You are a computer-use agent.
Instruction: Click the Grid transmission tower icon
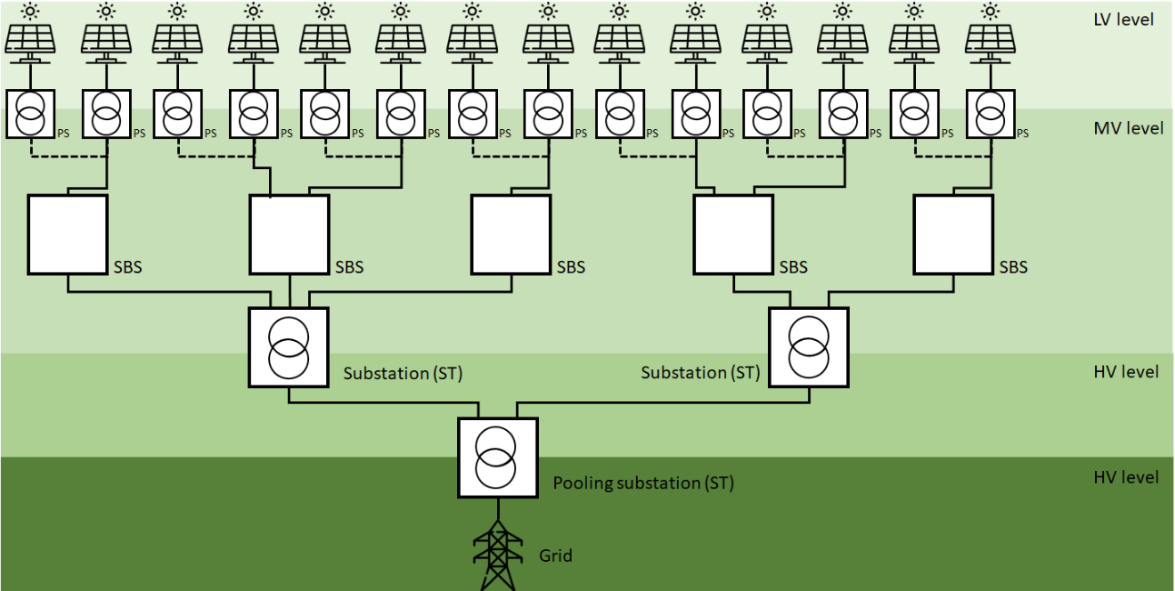click(x=497, y=556)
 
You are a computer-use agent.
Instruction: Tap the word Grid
click(x=555, y=556)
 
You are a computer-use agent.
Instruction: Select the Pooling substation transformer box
click(x=497, y=457)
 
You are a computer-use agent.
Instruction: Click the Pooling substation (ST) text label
click(x=642, y=483)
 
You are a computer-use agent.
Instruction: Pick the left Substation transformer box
click(x=288, y=346)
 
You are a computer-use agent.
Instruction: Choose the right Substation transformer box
click(x=808, y=346)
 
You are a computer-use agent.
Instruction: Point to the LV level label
click(x=1123, y=19)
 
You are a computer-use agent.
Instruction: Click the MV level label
click(x=1128, y=128)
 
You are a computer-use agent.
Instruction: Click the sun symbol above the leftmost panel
click(x=31, y=11)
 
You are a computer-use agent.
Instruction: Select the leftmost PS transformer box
click(x=31, y=114)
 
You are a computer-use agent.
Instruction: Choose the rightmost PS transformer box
click(x=991, y=114)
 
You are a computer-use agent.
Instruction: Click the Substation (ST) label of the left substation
click(x=398, y=374)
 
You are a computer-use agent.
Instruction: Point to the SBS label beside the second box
click(x=349, y=267)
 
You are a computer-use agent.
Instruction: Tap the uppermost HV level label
click(x=1126, y=372)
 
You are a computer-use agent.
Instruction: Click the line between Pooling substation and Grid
click(x=497, y=508)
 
